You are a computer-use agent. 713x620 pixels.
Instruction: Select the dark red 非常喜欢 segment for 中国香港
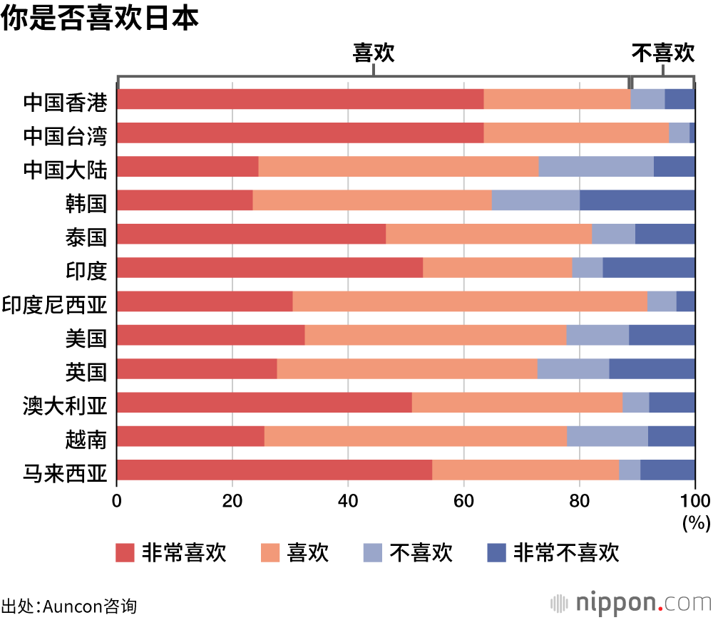[x=300, y=99]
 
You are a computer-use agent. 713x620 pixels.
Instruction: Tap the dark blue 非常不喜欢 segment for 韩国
[x=637, y=200]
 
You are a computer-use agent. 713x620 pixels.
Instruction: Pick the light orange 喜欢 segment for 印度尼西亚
[x=469, y=301]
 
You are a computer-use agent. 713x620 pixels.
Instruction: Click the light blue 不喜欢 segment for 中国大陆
[x=595, y=167]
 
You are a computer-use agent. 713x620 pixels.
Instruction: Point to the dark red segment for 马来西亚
[x=275, y=470]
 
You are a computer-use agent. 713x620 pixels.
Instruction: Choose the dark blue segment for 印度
[x=648, y=267]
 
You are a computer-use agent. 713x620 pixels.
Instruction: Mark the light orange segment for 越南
[x=415, y=436]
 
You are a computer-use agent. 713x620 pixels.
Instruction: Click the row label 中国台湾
[x=65, y=133]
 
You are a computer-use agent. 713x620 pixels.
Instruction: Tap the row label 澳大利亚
[x=65, y=403]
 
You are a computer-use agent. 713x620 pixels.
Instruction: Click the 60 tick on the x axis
[x=463, y=499]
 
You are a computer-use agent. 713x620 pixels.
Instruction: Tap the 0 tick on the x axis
[x=117, y=499]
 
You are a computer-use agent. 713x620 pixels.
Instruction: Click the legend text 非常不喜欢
[x=566, y=553]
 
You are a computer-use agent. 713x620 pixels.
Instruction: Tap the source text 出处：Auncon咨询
[x=68, y=606]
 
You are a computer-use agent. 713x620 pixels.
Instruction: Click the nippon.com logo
[x=630, y=602]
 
